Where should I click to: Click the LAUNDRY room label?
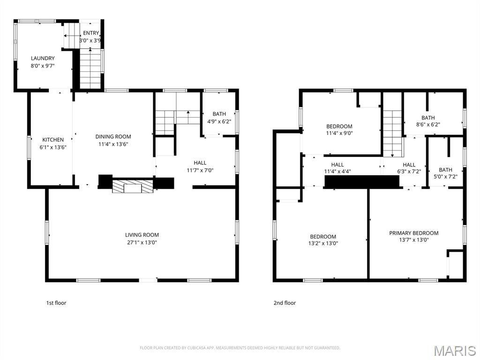(x=43, y=58)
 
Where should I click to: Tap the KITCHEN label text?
(x=53, y=140)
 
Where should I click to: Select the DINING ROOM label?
(x=113, y=136)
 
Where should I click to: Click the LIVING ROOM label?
(x=142, y=235)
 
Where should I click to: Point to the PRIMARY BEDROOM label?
(x=413, y=233)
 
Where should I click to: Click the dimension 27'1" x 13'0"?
(x=142, y=242)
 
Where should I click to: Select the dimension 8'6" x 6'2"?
(x=428, y=125)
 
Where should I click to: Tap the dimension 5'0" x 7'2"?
(x=445, y=177)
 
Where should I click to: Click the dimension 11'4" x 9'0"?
(x=339, y=133)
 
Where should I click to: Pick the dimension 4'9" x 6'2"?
(x=219, y=121)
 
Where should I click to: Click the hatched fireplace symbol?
(x=133, y=186)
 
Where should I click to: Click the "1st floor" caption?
(x=56, y=303)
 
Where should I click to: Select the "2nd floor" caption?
(x=285, y=303)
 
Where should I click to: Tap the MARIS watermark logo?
(x=455, y=351)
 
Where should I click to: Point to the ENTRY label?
(x=91, y=33)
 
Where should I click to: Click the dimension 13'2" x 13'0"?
(x=323, y=243)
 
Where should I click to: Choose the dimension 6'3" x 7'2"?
(x=409, y=172)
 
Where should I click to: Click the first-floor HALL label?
(x=200, y=163)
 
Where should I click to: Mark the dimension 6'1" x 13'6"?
(x=53, y=147)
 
